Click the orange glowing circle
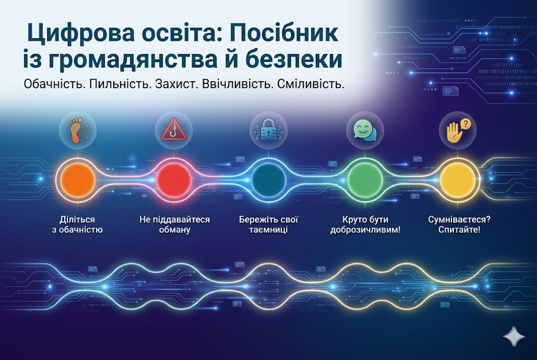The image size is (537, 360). pos(78,179)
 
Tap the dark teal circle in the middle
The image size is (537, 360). pos(268,179)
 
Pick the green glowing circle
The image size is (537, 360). pos(364,179)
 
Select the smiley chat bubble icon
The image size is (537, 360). pos(364,128)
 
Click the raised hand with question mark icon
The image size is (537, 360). pos(457,128)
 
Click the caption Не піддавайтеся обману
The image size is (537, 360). pos(174,224)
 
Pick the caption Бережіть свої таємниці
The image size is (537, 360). pos(268,224)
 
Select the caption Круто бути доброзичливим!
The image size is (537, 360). pos(365,224)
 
